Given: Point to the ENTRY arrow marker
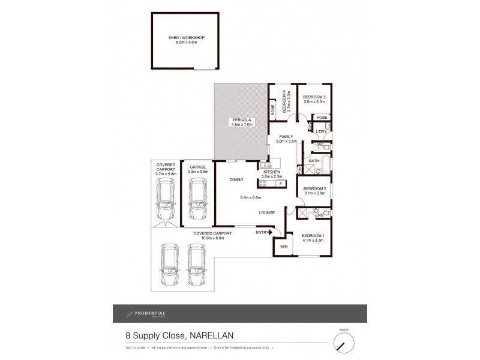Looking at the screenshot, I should [270, 232].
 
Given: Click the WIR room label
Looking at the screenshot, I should [284, 246].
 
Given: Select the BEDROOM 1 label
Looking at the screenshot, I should [313, 235].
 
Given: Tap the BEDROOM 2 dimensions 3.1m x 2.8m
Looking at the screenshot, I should [314, 193].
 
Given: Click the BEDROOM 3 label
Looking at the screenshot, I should [314, 97].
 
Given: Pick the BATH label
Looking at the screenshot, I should [314, 161].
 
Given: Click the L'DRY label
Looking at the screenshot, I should [321, 131].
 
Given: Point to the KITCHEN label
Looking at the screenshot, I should [272, 172].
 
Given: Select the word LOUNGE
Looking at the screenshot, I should [267, 212].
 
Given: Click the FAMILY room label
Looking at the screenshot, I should [286, 136].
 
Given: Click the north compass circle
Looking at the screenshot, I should [344, 343].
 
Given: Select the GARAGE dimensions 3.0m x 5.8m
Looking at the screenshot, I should [197, 172].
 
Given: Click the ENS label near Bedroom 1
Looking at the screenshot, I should [319, 215].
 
